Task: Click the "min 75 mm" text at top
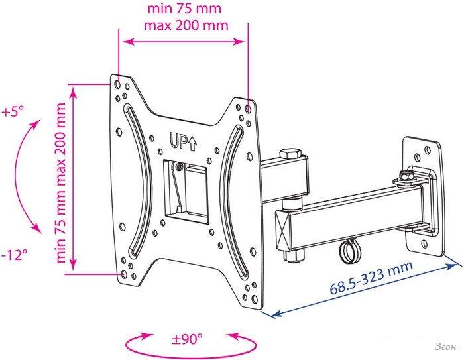pyautogui.click(x=184, y=9)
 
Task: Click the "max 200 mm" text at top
pyautogui.click(x=186, y=25)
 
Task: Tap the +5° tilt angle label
pyautogui.click(x=12, y=112)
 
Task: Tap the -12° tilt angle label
pyautogui.click(x=15, y=255)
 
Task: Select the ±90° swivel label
pyautogui.click(x=188, y=339)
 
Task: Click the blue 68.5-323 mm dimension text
pyautogui.click(x=371, y=278)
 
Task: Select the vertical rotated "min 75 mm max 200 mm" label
pyautogui.click(x=61, y=183)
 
